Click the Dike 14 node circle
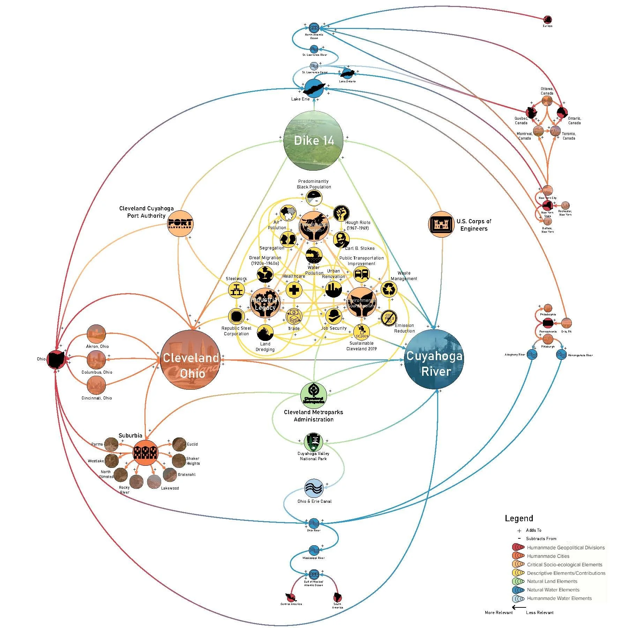314,140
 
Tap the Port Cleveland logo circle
180,224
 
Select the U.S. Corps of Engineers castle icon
441,224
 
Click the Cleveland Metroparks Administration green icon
314,395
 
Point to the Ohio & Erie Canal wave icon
314,488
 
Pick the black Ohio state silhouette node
57,359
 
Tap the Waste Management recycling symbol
389,289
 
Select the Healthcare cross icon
294,290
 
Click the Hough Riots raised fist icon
341,213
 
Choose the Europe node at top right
547,20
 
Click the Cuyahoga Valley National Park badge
313,442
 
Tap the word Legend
519,518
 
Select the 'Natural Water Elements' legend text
553,590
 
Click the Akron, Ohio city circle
96,334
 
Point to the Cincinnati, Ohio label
97,398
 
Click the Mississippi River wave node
314,551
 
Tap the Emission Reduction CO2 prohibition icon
389,318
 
